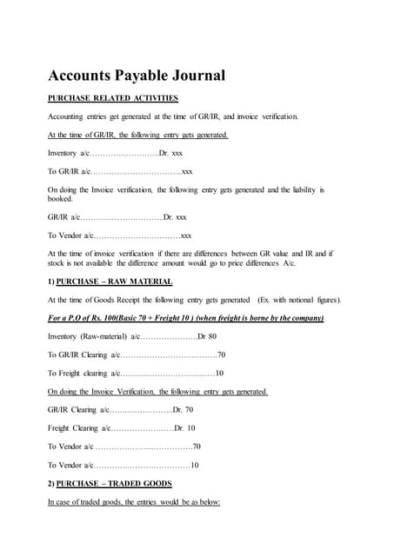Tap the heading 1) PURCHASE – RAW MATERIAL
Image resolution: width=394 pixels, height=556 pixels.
click(x=110, y=282)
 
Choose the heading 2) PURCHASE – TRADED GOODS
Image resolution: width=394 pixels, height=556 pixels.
click(x=110, y=483)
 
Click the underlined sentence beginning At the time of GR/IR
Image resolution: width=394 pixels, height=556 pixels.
click(x=138, y=135)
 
